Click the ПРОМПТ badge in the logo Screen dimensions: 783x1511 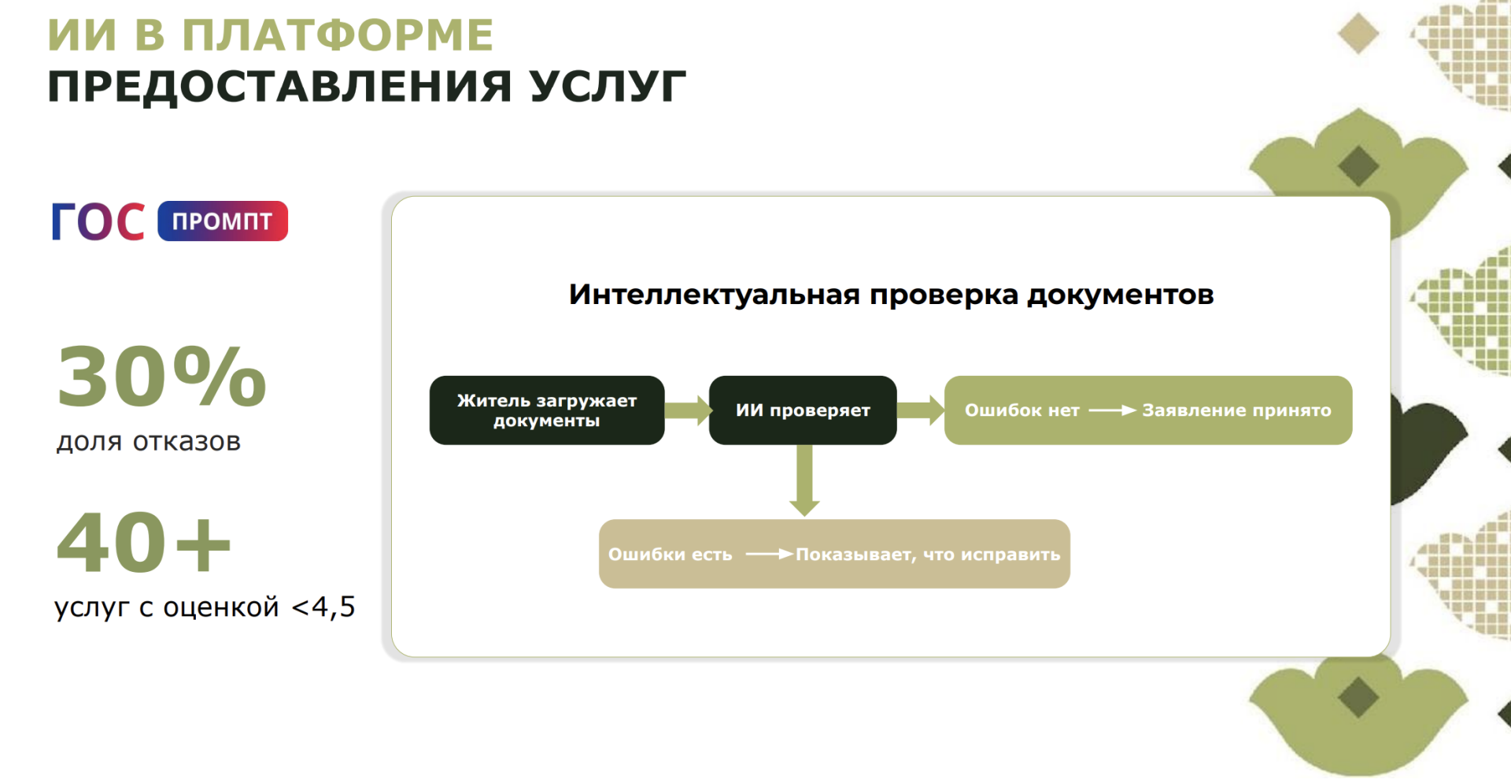[223, 221]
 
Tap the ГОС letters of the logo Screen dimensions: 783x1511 [98, 221]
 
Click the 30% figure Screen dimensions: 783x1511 [161, 377]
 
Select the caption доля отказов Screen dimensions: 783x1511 [148, 442]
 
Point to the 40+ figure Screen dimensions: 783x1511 [143, 543]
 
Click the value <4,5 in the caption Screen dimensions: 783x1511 [323, 607]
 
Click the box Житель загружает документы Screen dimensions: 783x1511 [547, 410]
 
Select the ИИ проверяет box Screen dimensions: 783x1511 [803, 410]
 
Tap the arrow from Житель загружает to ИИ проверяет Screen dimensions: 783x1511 [687, 410]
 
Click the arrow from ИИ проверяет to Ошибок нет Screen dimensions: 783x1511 [920, 410]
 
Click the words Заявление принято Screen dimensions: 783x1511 [1236, 410]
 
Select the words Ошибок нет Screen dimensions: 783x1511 [1021, 410]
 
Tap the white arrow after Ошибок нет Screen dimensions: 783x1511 [1112, 410]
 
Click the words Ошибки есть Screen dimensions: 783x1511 [670, 555]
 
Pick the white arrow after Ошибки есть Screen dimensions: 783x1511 [769, 555]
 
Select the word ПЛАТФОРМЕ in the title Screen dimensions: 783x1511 [338, 35]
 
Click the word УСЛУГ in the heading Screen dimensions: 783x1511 [607, 86]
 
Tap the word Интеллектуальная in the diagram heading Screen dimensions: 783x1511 [715, 295]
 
